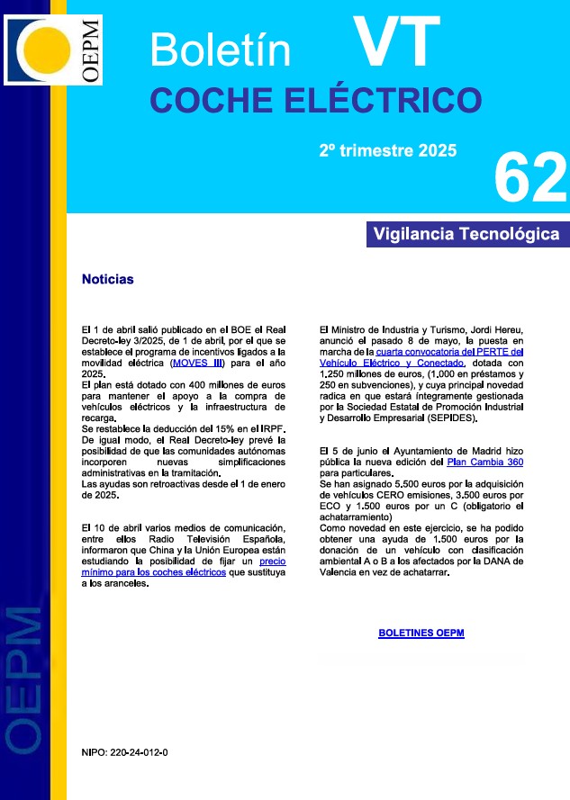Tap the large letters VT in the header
pos(396,40)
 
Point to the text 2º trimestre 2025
pos(388,150)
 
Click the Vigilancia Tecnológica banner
pos(466,234)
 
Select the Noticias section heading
pos(107,279)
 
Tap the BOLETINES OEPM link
pos(421,633)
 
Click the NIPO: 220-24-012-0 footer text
pos(124,751)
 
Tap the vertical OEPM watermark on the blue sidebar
pos(24,675)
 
